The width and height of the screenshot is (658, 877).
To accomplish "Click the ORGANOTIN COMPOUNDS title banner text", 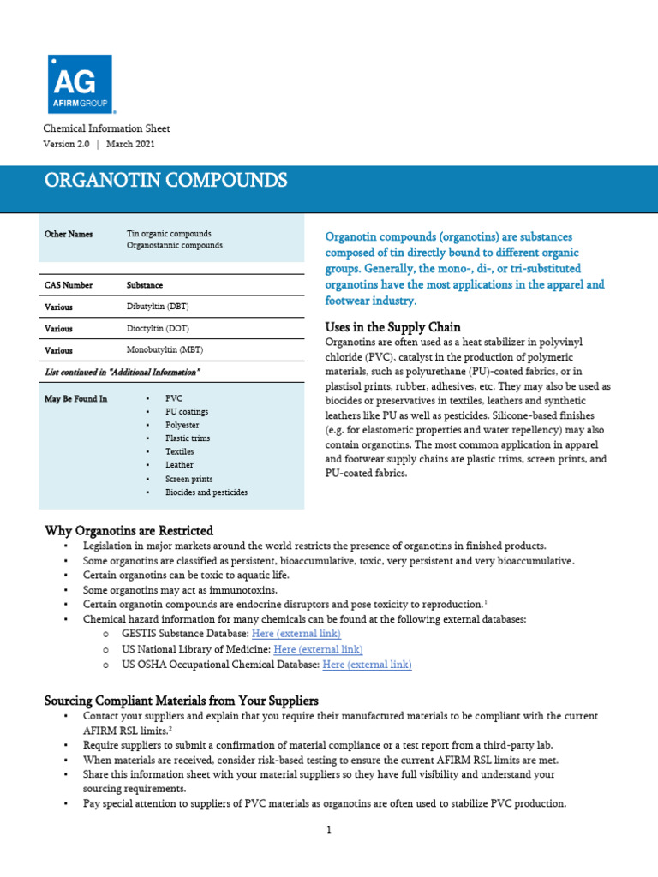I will coord(166,181).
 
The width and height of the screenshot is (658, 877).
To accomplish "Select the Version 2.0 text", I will coord(66,144).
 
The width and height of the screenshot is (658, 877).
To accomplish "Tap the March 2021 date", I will coord(131,144).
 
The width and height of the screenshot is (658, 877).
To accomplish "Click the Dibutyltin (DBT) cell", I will coord(159,306).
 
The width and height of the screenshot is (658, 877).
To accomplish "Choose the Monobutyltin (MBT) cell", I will coord(165,350).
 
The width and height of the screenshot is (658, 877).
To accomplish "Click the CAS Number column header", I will coord(69,284).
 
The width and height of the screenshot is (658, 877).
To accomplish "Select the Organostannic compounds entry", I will coord(175,245).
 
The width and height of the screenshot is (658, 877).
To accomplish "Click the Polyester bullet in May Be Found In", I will coord(182,425).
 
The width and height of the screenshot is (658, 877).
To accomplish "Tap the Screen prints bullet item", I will coord(188,479).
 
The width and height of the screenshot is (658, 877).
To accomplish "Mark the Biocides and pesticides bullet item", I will coord(206,492).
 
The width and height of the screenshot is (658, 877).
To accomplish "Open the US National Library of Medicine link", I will coord(318,649).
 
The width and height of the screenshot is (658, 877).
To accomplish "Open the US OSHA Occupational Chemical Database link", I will coord(367,665).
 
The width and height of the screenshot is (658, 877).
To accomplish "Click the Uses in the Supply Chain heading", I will coord(393,327).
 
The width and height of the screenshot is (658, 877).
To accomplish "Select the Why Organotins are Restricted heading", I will coord(129,531).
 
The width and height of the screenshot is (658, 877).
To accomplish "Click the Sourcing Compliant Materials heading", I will coord(181,701).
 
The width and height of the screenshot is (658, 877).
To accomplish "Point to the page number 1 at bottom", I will coord(328,830).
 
